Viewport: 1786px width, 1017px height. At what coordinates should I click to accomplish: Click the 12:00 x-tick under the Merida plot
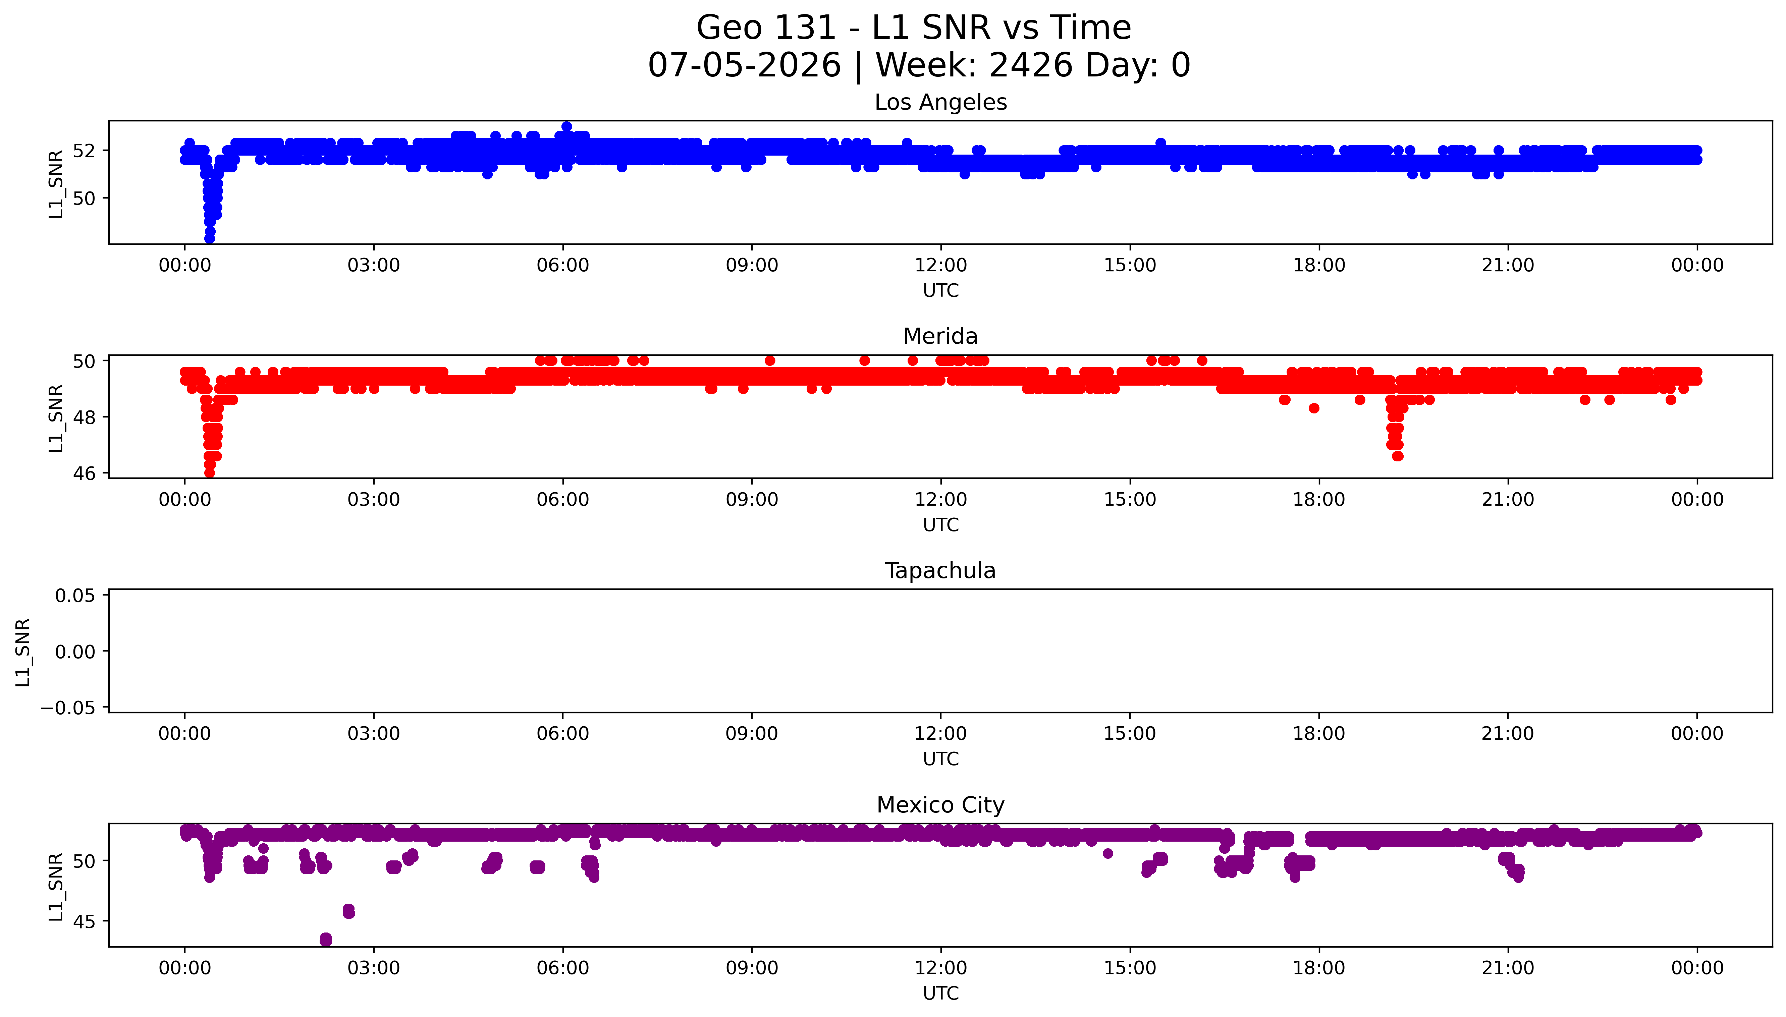point(941,499)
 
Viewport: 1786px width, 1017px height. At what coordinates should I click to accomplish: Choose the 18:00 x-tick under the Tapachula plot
point(1319,733)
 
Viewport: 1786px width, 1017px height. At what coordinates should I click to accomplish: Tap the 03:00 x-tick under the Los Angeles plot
point(374,266)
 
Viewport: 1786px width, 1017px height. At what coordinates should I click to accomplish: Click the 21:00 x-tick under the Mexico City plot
point(1508,968)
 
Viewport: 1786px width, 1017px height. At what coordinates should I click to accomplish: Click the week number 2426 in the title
point(1031,66)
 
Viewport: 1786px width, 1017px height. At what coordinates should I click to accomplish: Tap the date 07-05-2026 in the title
point(745,66)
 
